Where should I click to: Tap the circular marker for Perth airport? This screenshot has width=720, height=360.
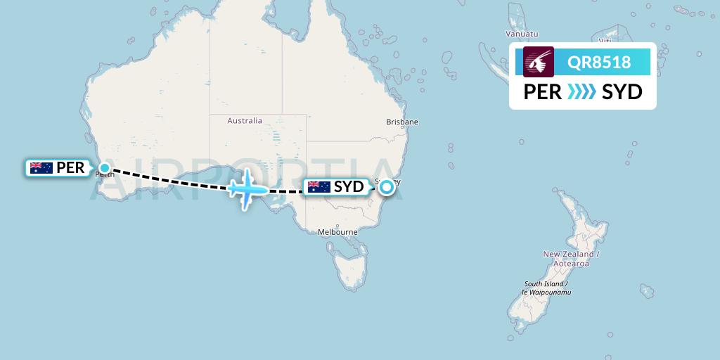(x=105, y=167)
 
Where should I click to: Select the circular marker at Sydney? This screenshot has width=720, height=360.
(x=386, y=187)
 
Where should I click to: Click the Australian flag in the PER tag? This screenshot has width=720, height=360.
(x=41, y=168)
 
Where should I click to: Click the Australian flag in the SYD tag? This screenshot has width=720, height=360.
(x=319, y=187)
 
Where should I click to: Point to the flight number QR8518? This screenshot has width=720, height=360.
(x=600, y=63)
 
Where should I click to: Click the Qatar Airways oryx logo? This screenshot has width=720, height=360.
(x=539, y=62)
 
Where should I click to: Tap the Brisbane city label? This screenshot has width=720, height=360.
(x=402, y=122)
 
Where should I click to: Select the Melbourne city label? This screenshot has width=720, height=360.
(x=338, y=232)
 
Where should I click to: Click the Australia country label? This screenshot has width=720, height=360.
(x=245, y=121)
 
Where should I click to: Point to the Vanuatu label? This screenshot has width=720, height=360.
(x=522, y=34)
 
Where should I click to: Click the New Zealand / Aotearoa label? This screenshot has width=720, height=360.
(x=571, y=258)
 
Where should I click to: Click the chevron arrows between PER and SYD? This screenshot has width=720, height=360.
(x=581, y=92)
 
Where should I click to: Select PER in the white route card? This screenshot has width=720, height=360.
(x=543, y=92)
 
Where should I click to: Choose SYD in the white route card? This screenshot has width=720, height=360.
(x=622, y=92)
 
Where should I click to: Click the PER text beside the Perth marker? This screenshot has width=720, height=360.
(x=71, y=168)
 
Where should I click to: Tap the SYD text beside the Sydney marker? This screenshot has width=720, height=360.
(x=349, y=187)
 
